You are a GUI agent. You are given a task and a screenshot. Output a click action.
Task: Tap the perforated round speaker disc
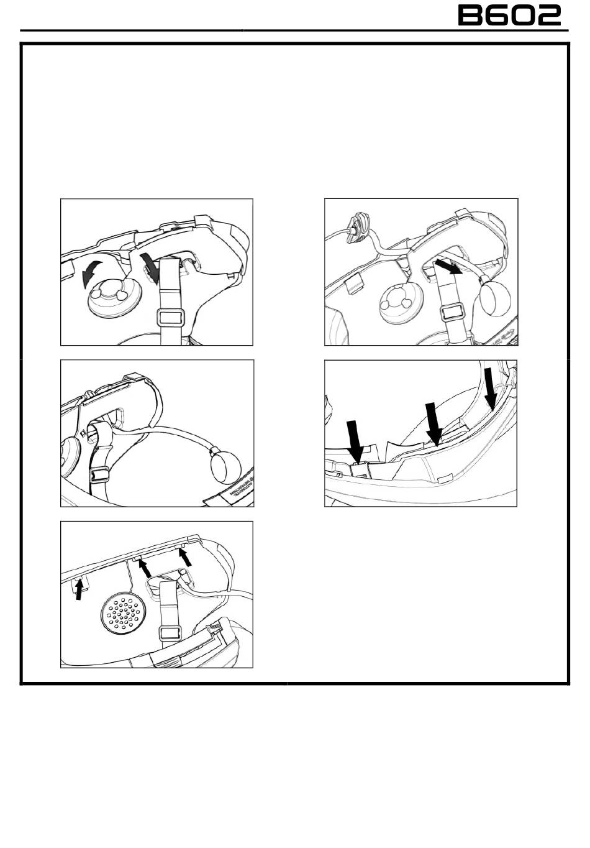tap(123, 613)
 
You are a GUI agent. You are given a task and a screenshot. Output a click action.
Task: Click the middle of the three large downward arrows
tap(433, 423)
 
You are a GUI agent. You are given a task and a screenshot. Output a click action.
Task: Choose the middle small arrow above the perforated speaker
tap(144, 568)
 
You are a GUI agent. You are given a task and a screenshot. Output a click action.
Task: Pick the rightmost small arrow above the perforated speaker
tap(185, 555)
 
